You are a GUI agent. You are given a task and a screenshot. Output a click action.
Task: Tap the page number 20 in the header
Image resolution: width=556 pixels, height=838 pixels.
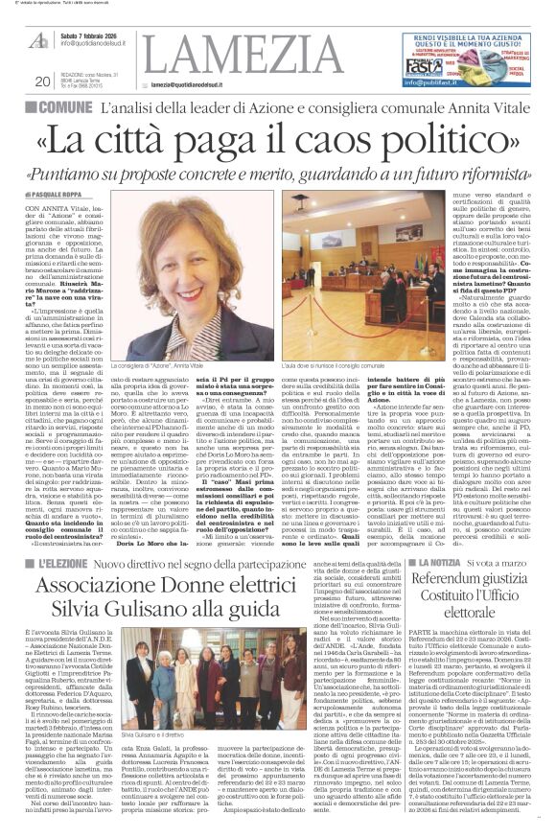coord(41,81)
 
